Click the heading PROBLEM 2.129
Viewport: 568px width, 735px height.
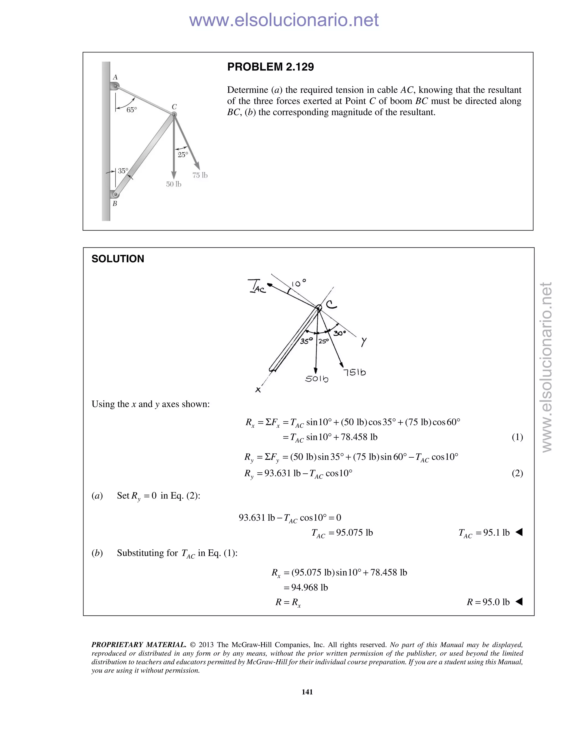click(270, 67)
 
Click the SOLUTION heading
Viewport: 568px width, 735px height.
click(118, 259)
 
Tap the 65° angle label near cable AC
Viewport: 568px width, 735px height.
click(131, 110)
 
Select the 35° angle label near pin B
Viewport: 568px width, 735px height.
click(123, 171)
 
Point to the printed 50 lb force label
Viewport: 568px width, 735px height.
click(174, 184)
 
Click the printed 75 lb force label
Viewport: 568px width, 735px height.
click(200, 175)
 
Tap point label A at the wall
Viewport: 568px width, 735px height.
click(115, 77)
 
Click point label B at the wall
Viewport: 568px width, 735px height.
click(115, 204)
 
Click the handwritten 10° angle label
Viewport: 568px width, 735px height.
click(298, 283)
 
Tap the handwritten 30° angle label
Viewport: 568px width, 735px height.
click(339, 333)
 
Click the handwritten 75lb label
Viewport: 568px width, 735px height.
click(354, 372)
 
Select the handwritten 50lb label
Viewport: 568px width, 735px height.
click(316, 379)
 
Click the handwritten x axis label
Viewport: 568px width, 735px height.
click(258, 390)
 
